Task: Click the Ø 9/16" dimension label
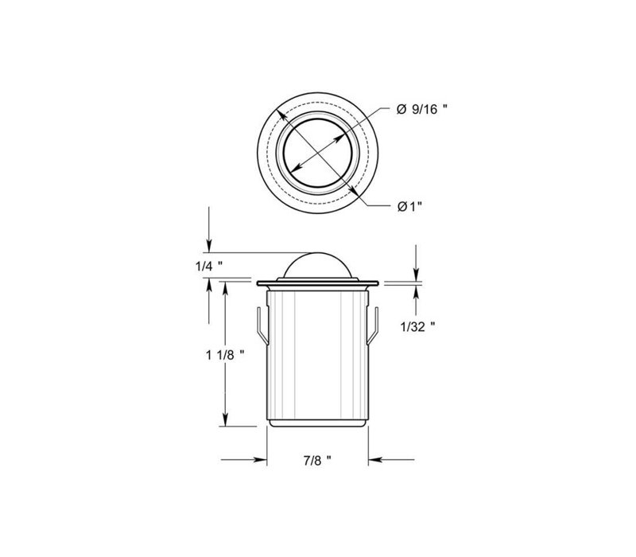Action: point(421,109)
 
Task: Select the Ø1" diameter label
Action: point(409,207)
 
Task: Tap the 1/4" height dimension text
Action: point(208,267)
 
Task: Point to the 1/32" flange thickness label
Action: point(417,326)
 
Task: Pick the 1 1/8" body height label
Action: point(225,355)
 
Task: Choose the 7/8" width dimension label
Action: point(317,461)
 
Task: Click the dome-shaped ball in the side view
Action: point(317,266)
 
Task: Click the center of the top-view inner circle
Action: point(317,153)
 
